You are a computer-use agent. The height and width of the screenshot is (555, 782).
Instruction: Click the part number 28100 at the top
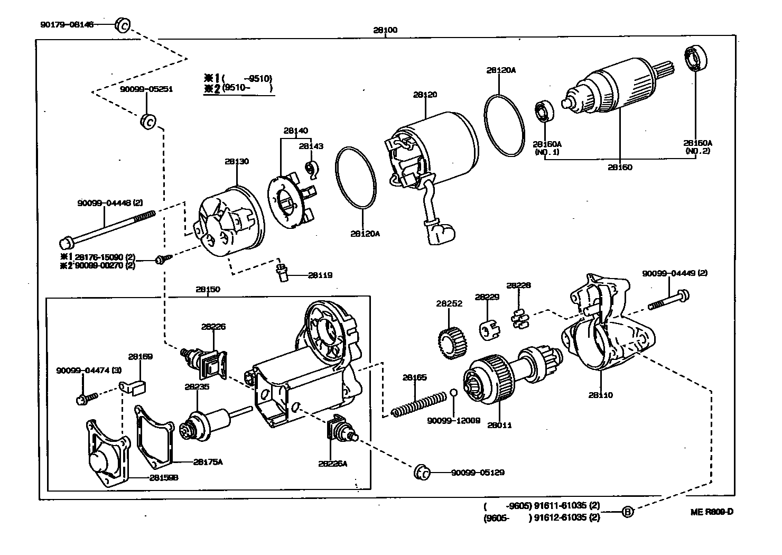coord(385,30)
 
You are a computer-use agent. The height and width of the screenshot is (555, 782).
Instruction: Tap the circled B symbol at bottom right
coord(627,512)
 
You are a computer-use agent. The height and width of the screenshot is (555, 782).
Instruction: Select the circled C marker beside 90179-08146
coord(122,24)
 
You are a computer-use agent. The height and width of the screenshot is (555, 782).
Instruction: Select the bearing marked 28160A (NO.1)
coord(544,112)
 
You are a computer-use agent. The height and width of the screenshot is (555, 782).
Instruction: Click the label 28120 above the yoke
coord(425,95)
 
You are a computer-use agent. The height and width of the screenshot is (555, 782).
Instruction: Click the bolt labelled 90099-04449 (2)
coord(669,300)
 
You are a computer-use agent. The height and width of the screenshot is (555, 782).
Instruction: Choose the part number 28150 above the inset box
coord(208,290)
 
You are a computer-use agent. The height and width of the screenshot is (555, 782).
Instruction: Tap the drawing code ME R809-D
coord(712,512)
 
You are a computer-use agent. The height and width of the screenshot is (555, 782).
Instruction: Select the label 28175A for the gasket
coord(208,461)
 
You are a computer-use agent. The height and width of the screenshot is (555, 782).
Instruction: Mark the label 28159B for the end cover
coord(163,477)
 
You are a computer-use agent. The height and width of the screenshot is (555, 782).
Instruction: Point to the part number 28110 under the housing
coord(600,395)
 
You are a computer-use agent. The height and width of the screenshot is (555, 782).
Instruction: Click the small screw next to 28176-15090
coord(161,259)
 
